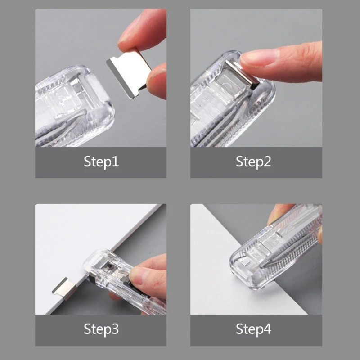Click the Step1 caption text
coord(101,162)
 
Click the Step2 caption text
coord(253,162)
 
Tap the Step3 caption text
coord(101,329)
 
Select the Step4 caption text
coord(253,329)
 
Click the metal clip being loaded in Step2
coord(241,74)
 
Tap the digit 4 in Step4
coord(267,329)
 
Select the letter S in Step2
coord(240,162)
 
